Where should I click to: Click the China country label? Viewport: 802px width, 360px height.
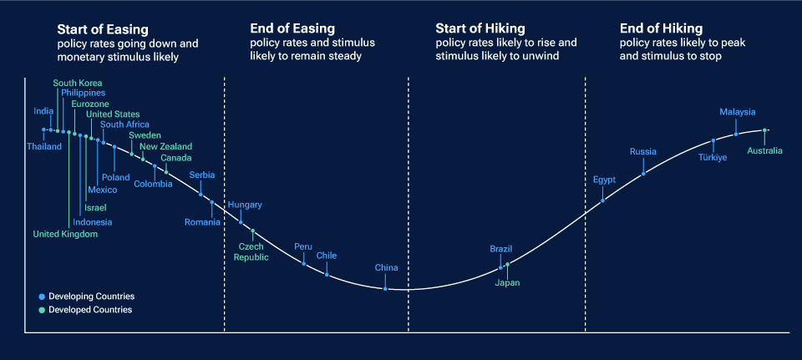click(x=386, y=268)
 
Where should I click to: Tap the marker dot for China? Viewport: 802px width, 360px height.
click(x=386, y=288)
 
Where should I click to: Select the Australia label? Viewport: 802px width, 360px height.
click(x=765, y=151)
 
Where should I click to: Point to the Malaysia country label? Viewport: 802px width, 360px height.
click(x=738, y=112)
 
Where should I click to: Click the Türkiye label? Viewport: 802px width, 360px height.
click(x=713, y=157)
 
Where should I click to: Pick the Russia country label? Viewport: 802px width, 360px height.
click(x=643, y=152)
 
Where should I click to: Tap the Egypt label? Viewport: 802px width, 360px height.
click(x=604, y=180)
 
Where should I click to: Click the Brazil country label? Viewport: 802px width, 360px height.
click(x=501, y=249)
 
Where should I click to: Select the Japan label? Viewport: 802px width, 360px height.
click(x=507, y=283)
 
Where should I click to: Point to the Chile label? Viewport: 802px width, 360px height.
click(x=327, y=256)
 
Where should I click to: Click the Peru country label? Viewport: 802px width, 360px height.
click(x=303, y=246)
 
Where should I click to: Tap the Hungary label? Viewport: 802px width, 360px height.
click(x=245, y=205)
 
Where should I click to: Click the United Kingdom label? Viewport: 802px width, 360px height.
click(x=65, y=234)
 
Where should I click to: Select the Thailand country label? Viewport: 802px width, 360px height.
click(x=44, y=147)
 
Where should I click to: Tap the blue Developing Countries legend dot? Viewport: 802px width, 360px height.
click(x=42, y=297)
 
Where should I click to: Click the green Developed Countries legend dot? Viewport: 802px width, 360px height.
click(x=42, y=310)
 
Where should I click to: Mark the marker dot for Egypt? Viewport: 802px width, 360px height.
click(x=603, y=200)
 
